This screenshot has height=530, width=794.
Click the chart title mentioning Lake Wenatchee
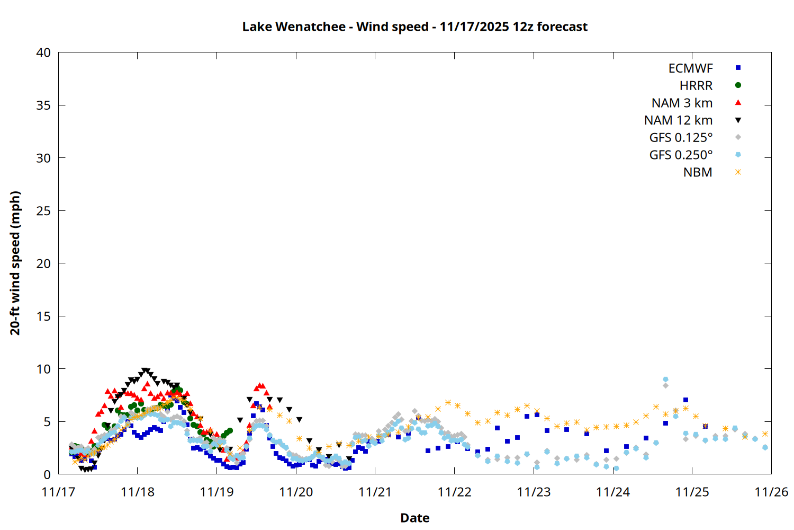414,26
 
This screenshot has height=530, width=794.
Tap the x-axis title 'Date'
414,518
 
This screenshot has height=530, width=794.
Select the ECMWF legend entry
690,68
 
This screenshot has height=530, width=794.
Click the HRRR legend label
696,86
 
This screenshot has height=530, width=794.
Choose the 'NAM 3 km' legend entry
682,103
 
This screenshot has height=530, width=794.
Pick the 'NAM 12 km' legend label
678,120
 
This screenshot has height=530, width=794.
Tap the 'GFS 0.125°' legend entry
681,138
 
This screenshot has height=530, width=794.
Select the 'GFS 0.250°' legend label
681,155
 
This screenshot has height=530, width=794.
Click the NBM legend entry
698,172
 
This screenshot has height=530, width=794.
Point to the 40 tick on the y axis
43,52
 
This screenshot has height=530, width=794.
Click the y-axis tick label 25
43,211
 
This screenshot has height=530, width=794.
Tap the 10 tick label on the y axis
43,369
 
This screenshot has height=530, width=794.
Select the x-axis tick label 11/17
58,492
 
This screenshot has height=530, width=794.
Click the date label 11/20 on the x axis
296,492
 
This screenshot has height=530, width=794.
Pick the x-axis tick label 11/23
534,492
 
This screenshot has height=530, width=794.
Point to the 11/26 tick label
771,492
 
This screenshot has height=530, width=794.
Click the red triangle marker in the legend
738,102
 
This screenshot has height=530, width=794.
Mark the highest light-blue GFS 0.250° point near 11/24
665,379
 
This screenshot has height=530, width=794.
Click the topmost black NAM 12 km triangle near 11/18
145,371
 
